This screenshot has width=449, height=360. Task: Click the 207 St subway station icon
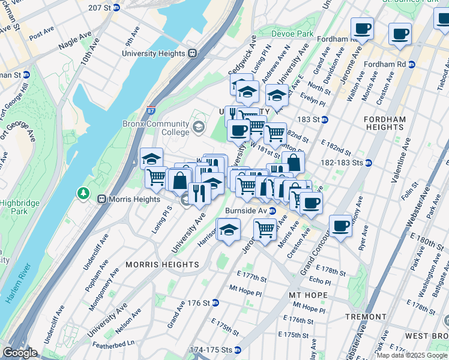click(116, 7)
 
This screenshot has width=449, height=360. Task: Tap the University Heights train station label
click(154, 53)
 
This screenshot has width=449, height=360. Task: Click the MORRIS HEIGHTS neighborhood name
click(161, 265)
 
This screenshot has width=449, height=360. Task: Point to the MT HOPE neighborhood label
click(308, 295)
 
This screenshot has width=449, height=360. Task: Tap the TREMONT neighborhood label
click(366, 316)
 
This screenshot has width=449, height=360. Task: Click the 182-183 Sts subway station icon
click(369, 163)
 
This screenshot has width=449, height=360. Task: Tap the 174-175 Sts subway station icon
click(238, 349)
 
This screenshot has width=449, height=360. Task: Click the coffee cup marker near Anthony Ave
click(340, 226)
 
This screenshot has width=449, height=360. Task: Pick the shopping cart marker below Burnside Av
click(265, 229)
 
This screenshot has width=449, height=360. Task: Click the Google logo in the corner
click(20, 353)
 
